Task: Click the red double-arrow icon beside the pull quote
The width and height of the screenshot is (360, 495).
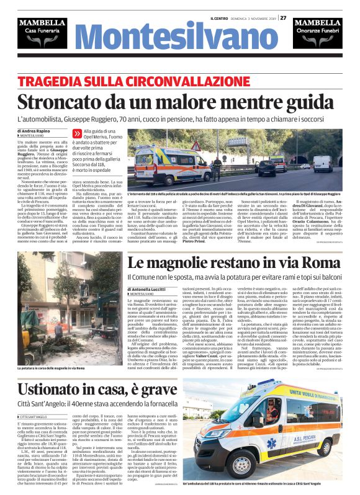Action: pyautogui.click(x=77, y=132)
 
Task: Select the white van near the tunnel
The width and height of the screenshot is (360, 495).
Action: pyautogui.click(x=322, y=164)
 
